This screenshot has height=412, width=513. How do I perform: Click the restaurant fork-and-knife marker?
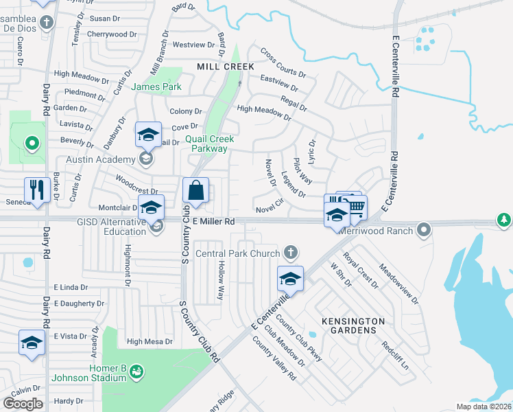click(x=35, y=190)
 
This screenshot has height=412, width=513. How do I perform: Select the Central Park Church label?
click(x=237, y=253)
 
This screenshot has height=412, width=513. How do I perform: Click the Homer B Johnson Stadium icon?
click(x=136, y=371)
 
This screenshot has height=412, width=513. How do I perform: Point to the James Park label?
click(x=156, y=87)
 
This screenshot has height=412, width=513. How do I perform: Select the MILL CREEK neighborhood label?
click(x=226, y=67)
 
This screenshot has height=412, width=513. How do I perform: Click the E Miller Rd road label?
click(x=214, y=222)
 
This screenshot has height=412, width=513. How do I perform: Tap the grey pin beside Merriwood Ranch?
click(x=425, y=229)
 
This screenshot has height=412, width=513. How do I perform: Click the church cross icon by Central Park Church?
click(x=291, y=253)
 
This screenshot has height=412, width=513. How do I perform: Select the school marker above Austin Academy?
click(x=148, y=134)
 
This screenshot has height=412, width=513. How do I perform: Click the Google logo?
click(x=23, y=404)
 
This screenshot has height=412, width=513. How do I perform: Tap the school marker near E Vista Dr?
click(x=32, y=342)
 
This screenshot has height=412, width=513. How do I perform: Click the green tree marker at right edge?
click(x=505, y=220)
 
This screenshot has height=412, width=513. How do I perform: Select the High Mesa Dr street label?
click(x=150, y=341)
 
